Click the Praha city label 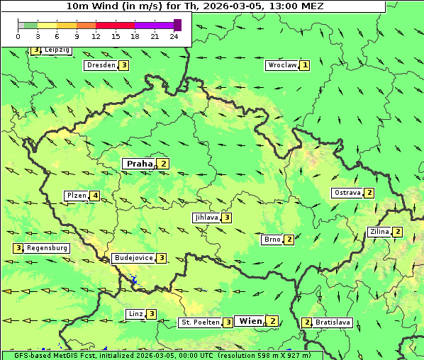(x=140, y=164)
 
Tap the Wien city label (x=250, y=321)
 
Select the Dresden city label (x=100, y=65)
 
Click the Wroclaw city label (x=281, y=65)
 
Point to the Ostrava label (x=347, y=193)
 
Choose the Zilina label (x=379, y=232)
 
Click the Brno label (x=272, y=240)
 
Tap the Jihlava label (x=206, y=218)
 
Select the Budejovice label (x=133, y=258)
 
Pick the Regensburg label (x=48, y=248)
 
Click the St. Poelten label (x=199, y=322)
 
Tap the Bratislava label (x=333, y=322)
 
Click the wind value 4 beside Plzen (x=94, y=196)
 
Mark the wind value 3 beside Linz (x=151, y=314)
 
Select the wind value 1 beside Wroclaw (x=305, y=65)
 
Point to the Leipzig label (x=57, y=50)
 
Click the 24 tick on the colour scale (x=174, y=36)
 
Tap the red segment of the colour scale (x=115, y=25)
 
